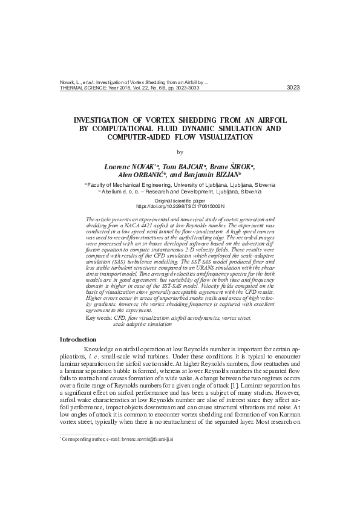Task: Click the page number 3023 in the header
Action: (292, 87)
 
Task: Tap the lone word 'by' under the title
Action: (180, 152)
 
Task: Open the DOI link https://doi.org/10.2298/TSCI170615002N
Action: (180, 206)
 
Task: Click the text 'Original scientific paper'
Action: (180, 199)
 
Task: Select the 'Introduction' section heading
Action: (77, 339)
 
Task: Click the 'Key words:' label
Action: (99, 317)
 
